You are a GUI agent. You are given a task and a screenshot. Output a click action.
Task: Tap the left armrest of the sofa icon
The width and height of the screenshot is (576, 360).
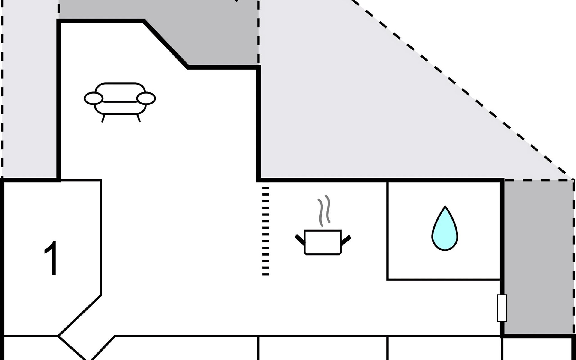coord(94,98)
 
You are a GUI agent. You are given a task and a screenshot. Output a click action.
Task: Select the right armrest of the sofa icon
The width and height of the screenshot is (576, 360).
coord(146,98)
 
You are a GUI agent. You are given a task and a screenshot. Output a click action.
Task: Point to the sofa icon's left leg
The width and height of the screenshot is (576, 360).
coord(103,118)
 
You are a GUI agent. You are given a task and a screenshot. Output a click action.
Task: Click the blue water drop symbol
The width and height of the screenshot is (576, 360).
coord(445,229)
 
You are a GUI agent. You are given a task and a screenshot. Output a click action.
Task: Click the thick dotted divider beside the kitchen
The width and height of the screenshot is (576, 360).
coord(265,231)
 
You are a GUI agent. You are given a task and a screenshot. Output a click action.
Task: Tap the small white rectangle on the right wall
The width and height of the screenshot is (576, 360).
coord(502,308)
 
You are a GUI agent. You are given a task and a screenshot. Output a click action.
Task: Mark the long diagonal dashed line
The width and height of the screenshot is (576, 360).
coord(462,90)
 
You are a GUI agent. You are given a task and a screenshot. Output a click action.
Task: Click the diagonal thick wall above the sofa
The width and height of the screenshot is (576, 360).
coord(166,44)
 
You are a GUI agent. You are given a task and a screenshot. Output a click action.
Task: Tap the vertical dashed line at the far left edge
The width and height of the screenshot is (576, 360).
coord(2,90)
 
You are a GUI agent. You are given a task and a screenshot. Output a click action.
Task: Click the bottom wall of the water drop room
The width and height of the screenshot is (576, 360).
coord(444,280)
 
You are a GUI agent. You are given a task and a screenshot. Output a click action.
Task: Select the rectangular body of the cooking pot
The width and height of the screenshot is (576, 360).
coord(323,242)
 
